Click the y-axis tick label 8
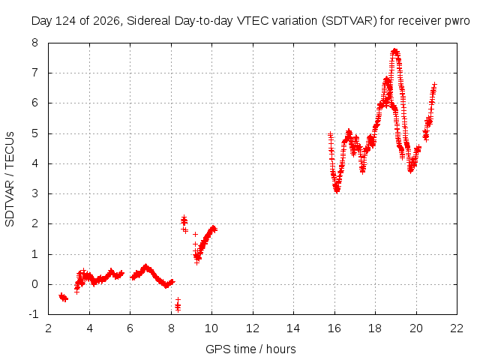click(x=34, y=43)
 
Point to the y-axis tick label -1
click(x=34, y=314)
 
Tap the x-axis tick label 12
click(x=253, y=328)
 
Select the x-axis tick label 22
click(x=457, y=328)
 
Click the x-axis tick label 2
click(x=48, y=328)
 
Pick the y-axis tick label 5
click(x=34, y=133)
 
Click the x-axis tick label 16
click(x=334, y=328)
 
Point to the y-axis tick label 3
click(x=34, y=193)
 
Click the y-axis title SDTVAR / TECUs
click(x=10, y=179)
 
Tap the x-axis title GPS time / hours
click(x=250, y=349)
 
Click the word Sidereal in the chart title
click(x=148, y=21)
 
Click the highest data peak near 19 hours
click(x=395, y=51)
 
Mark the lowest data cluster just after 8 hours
click(x=178, y=305)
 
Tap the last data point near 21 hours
click(x=434, y=84)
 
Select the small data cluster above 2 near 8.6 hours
click(x=184, y=223)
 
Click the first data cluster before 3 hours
click(x=63, y=297)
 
